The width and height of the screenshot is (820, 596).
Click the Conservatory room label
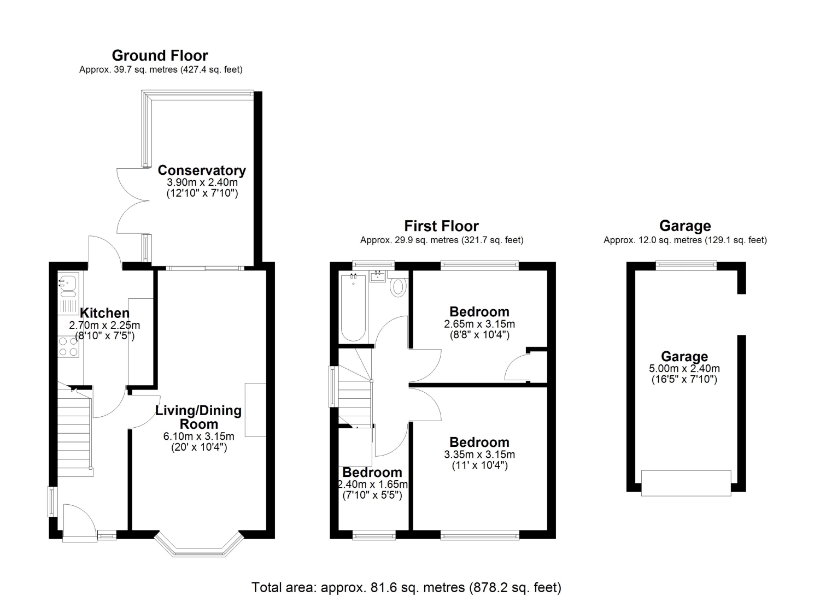coord(202,170)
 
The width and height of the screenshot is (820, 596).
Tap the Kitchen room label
coord(105,313)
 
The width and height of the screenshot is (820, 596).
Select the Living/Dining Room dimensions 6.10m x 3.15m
coord(199,436)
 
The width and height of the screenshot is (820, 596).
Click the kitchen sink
coord(67,286)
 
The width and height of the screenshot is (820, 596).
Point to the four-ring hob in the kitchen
coord(68,347)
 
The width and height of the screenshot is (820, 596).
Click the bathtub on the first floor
coord(353,308)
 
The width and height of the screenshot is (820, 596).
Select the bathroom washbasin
coord(377,276)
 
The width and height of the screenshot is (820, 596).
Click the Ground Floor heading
coord(160,56)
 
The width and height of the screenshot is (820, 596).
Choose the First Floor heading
coord(442,226)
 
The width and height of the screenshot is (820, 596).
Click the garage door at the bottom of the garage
coord(686,483)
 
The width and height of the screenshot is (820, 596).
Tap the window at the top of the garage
coord(686,265)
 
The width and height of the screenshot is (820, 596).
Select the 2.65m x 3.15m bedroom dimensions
coord(479,324)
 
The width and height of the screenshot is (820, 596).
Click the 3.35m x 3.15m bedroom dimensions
coord(479,455)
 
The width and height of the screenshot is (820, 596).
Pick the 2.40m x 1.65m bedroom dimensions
coord(372,485)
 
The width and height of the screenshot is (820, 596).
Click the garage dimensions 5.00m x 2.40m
coord(684,368)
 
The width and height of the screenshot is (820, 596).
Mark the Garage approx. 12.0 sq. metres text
coord(686,240)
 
